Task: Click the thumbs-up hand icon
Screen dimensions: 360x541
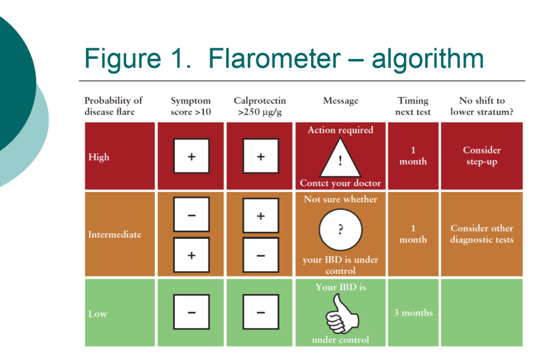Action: [x=340, y=314]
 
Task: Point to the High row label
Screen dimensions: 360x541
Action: [x=99, y=157]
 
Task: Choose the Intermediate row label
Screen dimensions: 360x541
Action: [x=115, y=235]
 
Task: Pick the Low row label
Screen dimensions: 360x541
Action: [x=98, y=313]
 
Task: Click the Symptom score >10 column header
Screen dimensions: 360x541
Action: [x=191, y=106]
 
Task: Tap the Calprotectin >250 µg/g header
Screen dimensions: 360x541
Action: [x=260, y=106]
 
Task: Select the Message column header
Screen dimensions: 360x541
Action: [x=340, y=101]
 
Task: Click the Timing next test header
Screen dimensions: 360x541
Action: [x=413, y=106]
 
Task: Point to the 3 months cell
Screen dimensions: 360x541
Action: [x=413, y=312]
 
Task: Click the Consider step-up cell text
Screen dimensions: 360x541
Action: [x=481, y=156]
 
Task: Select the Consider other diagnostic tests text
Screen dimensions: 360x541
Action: [x=481, y=234]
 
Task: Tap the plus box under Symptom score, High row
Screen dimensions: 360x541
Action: [x=191, y=157]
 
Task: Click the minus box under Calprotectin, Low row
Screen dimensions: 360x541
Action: [x=260, y=312]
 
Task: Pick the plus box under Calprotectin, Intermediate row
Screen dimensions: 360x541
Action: [x=260, y=216]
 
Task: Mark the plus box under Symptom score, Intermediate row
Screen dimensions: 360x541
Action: [x=191, y=255]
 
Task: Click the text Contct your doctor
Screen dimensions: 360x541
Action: [x=340, y=184]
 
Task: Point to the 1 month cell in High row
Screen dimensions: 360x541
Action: [x=413, y=156]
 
